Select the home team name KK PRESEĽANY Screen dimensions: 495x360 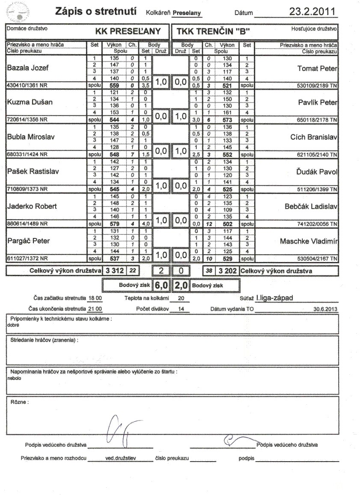(128, 31)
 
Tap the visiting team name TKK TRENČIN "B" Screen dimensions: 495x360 (210, 31)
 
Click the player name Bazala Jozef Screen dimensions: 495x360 (27, 67)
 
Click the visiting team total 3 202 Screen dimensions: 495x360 (225, 270)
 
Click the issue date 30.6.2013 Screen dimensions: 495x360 (325, 309)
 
